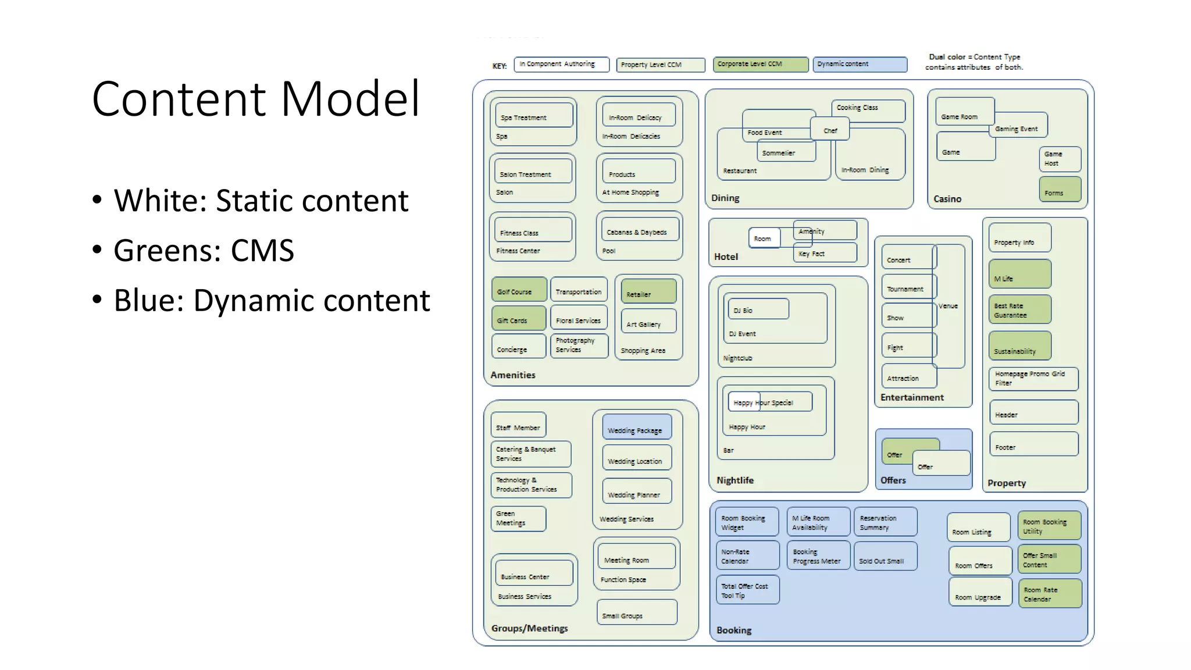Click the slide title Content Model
point(255,99)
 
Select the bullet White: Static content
point(261,201)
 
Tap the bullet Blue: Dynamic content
point(271,301)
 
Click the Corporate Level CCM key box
point(760,65)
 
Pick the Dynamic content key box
point(860,65)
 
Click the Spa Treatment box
point(533,116)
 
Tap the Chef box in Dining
point(830,129)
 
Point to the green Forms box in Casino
point(1060,190)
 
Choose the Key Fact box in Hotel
point(825,253)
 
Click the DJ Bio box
point(757,309)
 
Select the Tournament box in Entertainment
point(907,287)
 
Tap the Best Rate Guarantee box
point(1019,309)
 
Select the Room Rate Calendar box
point(1050,593)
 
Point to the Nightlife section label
point(735,480)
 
